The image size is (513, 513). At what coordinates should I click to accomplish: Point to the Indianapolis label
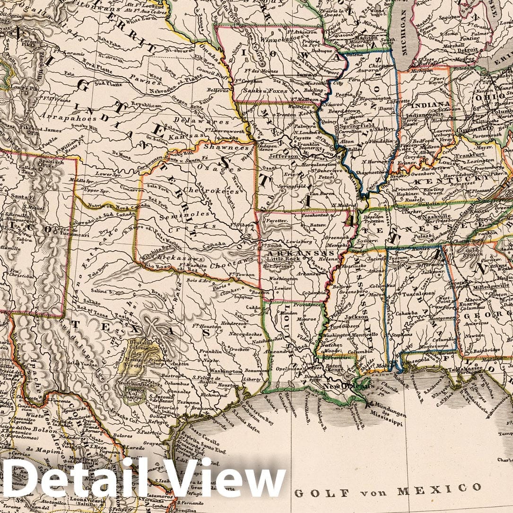pyautogui.click(x=425, y=114)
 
